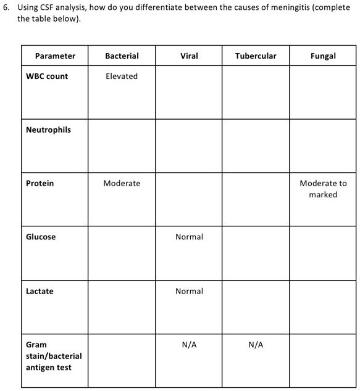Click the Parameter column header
tap(55, 56)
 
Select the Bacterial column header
tap(122, 56)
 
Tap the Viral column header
tap(189, 56)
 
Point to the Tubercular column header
tap(256, 56)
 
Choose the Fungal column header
tap(323, 56)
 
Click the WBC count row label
tap(47, 76)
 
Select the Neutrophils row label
tap(48, 130)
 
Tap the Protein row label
tap(40, 183)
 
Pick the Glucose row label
tap(41, 237)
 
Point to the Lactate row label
tap(40, 291)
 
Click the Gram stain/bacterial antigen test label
tap(53, 356)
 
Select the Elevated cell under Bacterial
tap(122, 76)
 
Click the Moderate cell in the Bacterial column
tap(122, 183)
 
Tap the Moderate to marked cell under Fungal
tap(323, 189)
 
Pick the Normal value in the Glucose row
tap(189, 237)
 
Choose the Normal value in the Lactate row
tap(189, 291)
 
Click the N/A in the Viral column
tap(189, 345)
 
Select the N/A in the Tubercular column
tap(256, 345)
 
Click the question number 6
tap(6, 7)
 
